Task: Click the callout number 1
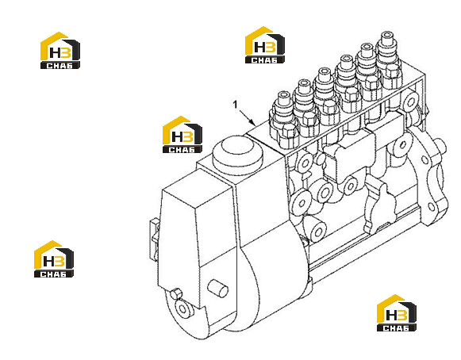235,105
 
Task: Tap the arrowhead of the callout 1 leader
252,122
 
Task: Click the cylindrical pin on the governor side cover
217,288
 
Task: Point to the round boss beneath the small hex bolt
183,308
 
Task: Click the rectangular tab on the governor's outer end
154,239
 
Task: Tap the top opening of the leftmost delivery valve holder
284,95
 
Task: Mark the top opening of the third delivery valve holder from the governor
325,71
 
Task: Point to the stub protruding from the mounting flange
441,146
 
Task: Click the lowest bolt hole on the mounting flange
432,206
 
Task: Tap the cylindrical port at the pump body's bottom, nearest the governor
316,229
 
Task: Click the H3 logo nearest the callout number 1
182,134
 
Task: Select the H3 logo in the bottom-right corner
396,312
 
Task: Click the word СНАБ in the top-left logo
60,66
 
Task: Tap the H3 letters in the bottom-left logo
52,260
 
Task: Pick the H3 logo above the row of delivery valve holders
264,44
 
